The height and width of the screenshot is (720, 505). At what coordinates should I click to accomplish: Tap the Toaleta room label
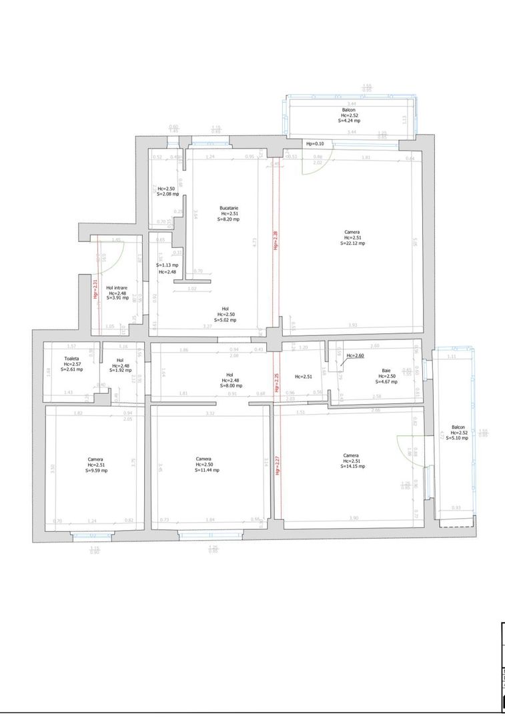(x=71, y=359)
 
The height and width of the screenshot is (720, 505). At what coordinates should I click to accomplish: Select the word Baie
(x=386, y=370)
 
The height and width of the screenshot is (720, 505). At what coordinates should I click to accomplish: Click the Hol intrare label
(x=117, y=288)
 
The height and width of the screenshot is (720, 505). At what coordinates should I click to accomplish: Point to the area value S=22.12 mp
(x=352, y=243)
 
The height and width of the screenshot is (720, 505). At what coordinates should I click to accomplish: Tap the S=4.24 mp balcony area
(x=349, y=121)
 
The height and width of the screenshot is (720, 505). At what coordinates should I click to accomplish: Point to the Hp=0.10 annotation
(x=315, y=144)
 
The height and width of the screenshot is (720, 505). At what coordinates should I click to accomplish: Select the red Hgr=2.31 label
(x=95, y=291)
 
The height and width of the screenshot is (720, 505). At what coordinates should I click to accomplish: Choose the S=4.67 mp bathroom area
(x=386, y=382)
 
